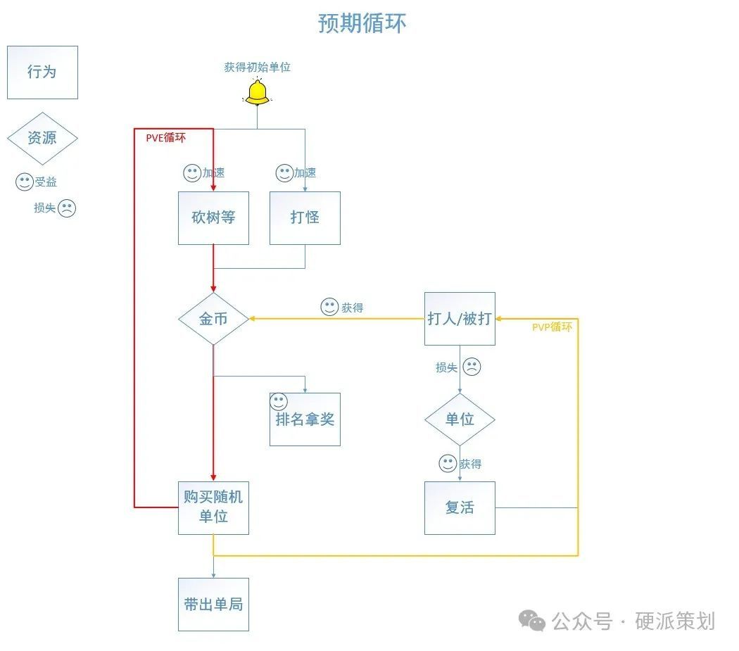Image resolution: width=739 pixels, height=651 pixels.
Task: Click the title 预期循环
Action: pyautogui.click(x=362, y=23)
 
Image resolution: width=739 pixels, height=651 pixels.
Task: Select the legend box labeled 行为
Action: pyautogui.click(x=42, y=72)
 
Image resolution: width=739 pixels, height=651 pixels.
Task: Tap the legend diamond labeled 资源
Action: pyautogui.click(x=42, y=138)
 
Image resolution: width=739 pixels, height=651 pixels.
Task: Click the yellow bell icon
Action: pyautogui.click(x=258, y=92)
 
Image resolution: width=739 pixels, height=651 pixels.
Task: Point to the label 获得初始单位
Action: pyautogui.click(x=258, y=68)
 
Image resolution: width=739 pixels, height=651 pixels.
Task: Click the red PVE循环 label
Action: pyautogui.click(x=166, y=138)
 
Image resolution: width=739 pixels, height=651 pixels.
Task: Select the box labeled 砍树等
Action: pyautogui.click(x=213, y=218)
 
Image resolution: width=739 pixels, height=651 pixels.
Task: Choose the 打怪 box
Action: pyautogui.click(x=305, y=218)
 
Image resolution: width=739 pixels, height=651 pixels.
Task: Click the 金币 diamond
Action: pyautogui.click(x=213, y=319)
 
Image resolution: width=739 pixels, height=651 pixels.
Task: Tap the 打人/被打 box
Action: pyautogui.click(x=460, y=319)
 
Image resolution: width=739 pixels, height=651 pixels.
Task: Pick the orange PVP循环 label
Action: pyautogui.click(x=552, y=327)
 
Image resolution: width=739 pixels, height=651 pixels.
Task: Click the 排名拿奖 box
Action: pyautogui.click(x=305, y=420)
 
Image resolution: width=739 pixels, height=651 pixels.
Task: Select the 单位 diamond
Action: pyautogui.click(x=460, y=419)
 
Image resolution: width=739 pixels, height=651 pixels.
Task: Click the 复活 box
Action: pyautogui.click(x=460, y=507)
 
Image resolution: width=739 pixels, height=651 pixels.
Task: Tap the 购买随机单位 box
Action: pyautogui.click(x=213, y=507)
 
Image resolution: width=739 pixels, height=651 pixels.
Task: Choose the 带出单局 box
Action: pyautogui.click(x=213, y=604)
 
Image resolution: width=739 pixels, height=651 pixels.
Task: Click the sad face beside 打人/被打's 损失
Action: pyautogui.click(x=472, y=367)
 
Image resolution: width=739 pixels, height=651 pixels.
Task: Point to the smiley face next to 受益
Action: pyautogui.click(x=25, y=182)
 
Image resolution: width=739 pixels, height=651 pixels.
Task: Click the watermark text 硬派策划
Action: pyautogui.click(x=675, y=621)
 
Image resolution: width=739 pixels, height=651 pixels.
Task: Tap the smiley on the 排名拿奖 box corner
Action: pyautogui.click(x=279, y=402)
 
